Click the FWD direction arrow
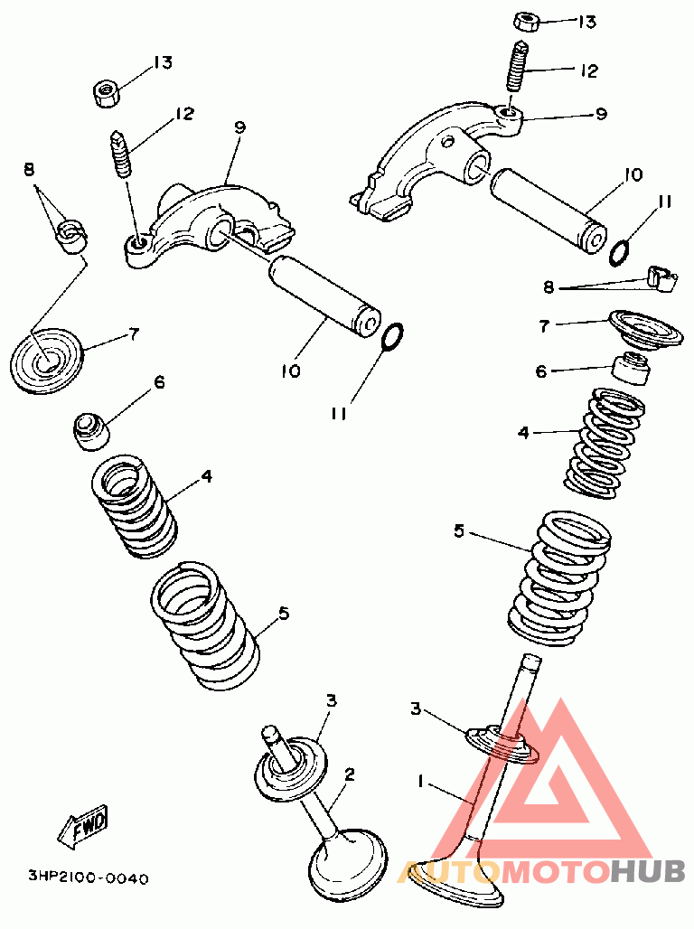[83, 825]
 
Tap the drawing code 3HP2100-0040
[89, 877]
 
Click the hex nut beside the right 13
[526, 22]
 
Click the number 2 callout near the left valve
[350, 774]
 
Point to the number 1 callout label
[420, 782]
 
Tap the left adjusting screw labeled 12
[121, 155]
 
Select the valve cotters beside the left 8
[70, 235]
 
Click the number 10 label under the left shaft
[291, 371]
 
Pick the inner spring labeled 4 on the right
[604, 442]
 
